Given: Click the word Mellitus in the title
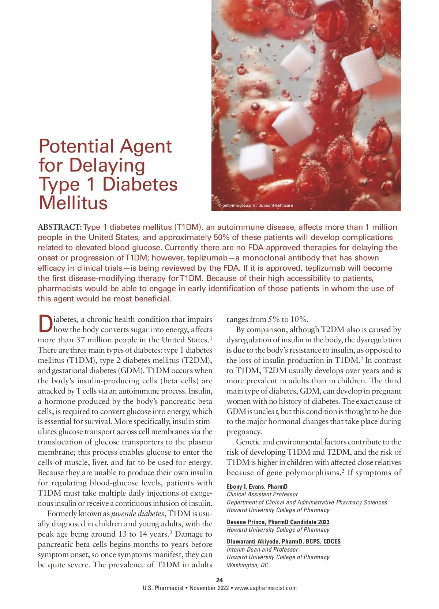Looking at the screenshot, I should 73,203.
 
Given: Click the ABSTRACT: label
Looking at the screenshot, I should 60,227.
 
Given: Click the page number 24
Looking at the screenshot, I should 219,580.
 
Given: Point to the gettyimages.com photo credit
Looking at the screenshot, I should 255,205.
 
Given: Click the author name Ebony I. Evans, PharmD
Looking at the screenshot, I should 257,486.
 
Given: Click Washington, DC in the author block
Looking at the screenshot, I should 247,565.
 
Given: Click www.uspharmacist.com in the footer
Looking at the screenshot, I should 266,588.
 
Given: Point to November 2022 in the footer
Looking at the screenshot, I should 209,588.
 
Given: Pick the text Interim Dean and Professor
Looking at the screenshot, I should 262,549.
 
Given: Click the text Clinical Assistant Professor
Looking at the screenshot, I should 262,495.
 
